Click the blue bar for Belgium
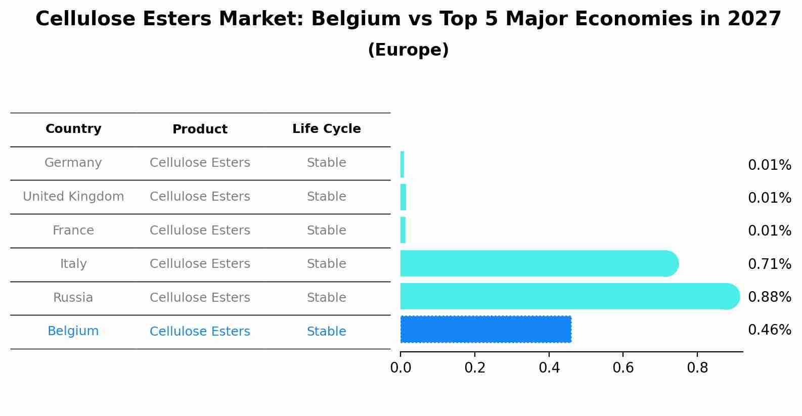tap(485, 329)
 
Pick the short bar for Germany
tap(402, 164)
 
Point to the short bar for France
tap(403, 230)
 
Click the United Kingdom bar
tap(403, 197)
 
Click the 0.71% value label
tap(769, 264)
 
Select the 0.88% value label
tap(769, 297)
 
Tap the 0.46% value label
tap(769, 330)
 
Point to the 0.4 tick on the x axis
tap(549, 368)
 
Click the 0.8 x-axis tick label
tap(697, 368)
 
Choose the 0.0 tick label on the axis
tap(400, 368)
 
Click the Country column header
tap(73, 129)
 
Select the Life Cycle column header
tap(326, 129)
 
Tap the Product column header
tap(200, 129)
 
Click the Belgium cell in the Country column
tap(73, 331)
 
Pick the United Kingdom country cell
tap(73, 197)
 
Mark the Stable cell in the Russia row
tap(326, 298)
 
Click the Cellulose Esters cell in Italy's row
tap(200, 264)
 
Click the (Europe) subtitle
tap(408, 50)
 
